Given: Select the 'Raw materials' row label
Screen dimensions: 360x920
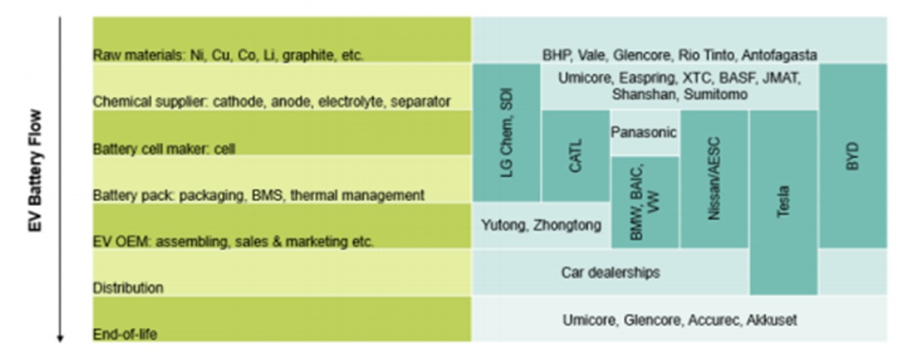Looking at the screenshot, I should [x=228, y=55].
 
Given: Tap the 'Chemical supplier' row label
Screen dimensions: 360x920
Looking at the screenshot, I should [x=271, y=102].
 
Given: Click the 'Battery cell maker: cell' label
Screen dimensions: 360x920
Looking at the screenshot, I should [x=163, y=148].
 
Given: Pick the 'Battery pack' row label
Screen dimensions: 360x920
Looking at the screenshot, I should [x=258, y=195].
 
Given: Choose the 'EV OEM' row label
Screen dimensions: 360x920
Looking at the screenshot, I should [x=233, y=241].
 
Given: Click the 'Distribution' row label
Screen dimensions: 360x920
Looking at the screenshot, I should [x=128, y=288].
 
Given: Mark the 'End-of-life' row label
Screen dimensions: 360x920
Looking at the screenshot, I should [x=125, y=335].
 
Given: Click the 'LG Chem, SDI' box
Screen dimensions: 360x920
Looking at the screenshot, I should [x=507, y=132].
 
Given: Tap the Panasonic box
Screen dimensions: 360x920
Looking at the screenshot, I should [x=644, y=132].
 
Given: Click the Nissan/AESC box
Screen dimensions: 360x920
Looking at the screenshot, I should [x=713, y=179].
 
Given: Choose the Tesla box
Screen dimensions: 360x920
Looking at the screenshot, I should [x=784, y=203].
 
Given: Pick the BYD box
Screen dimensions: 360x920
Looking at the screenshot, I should [x=853, y=156].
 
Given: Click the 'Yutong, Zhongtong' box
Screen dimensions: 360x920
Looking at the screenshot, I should [x=541, y=225].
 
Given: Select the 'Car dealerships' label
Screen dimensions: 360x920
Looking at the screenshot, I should [x=610, y=273].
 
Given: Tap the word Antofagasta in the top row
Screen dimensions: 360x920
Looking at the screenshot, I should [x=779, y=55].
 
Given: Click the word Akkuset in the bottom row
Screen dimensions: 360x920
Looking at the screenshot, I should [x=772, y=320].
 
